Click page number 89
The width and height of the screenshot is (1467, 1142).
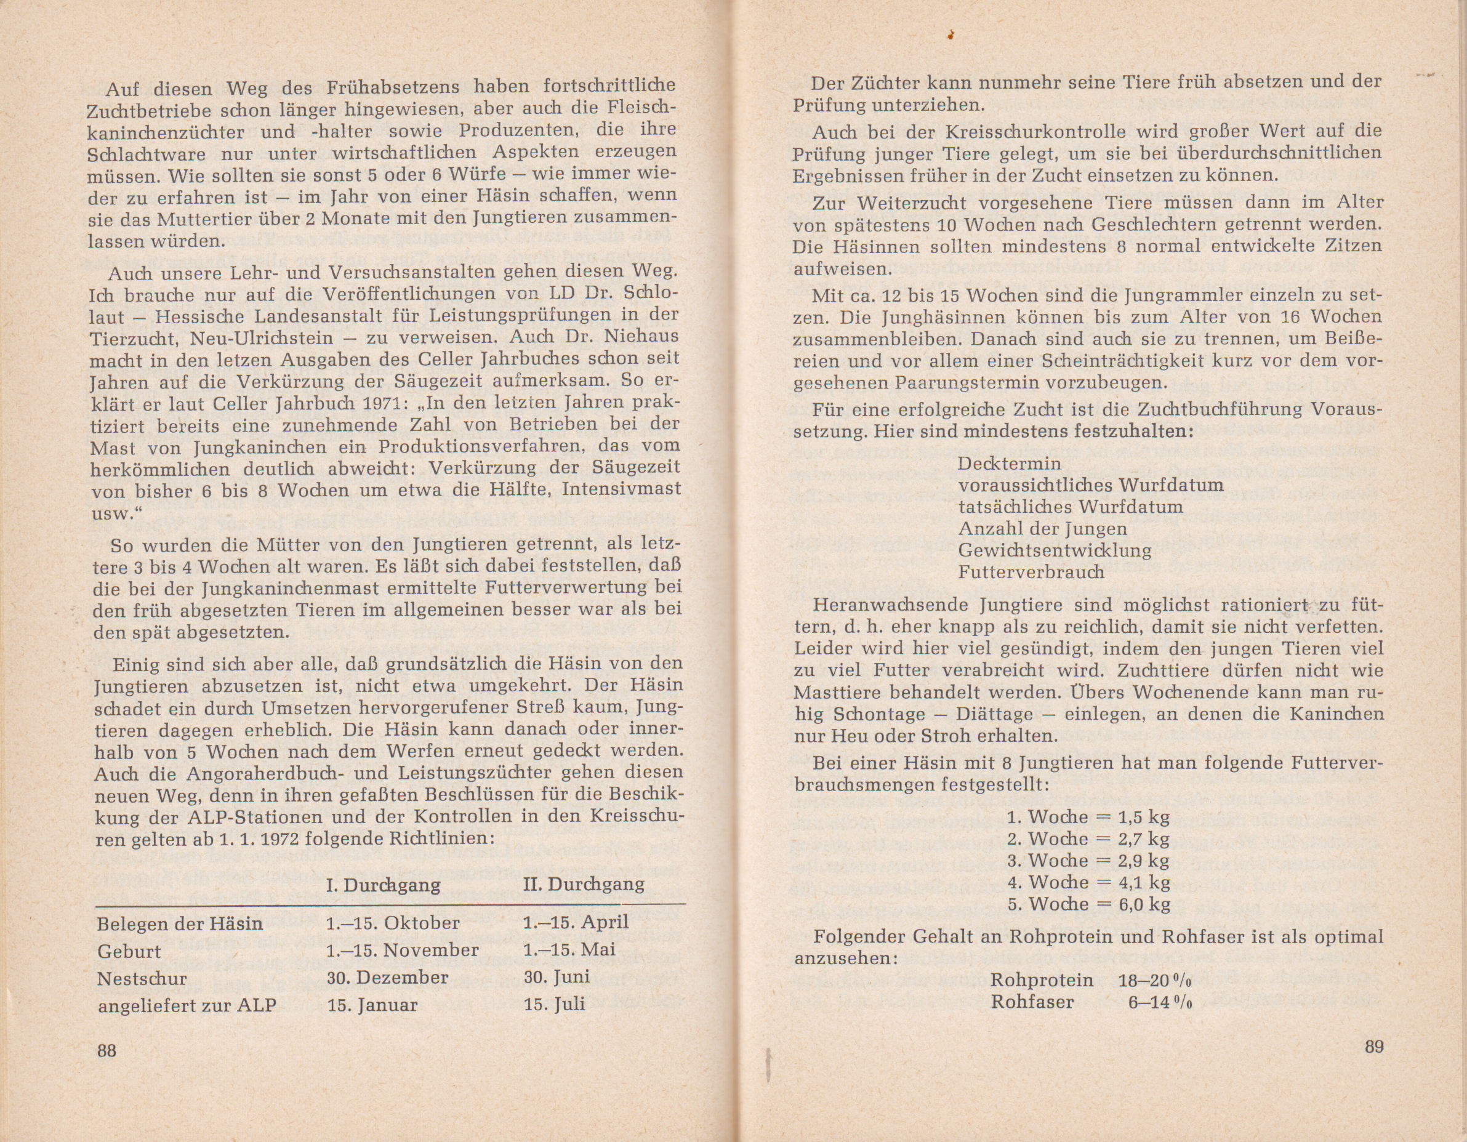pos(1373,1047)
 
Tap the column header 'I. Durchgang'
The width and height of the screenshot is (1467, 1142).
pos(383,885)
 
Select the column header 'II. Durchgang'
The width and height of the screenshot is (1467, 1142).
pos(583,883)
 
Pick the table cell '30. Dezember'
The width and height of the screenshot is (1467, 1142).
pos(388,977)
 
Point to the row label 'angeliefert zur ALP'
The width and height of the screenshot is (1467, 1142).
pos(187,1005)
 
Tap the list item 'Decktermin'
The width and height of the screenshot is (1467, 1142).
pos(1010,464)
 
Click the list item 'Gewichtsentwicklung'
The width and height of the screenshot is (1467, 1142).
pos(1055,550)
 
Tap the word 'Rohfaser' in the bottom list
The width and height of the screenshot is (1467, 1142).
pos(1032,1002)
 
